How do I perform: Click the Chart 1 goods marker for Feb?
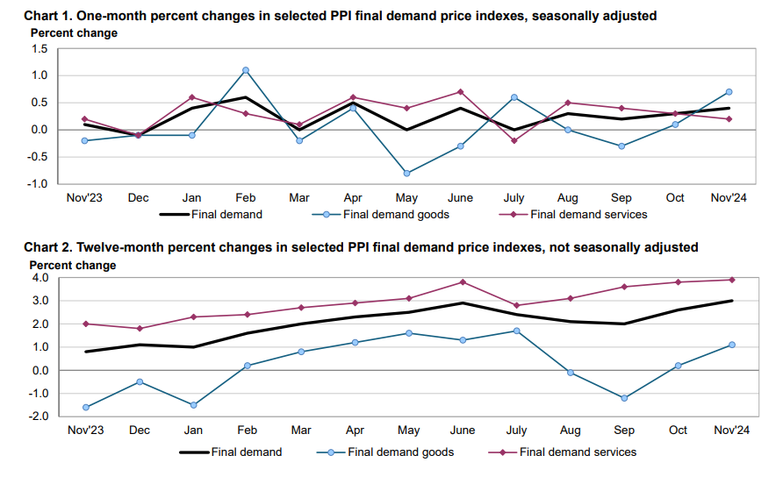[246, 70]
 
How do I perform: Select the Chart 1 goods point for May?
[406, 174]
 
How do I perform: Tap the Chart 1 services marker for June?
[460, 92]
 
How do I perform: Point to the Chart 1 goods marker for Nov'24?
[729, 92]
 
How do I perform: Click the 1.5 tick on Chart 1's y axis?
[39, 49]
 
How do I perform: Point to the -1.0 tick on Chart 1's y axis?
[37, 183]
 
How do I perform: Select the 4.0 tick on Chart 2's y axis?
[39, 278]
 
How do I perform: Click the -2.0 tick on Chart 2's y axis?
[37, 416]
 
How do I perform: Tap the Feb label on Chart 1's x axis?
[246, 197]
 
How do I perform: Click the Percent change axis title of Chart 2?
[73, 265]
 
